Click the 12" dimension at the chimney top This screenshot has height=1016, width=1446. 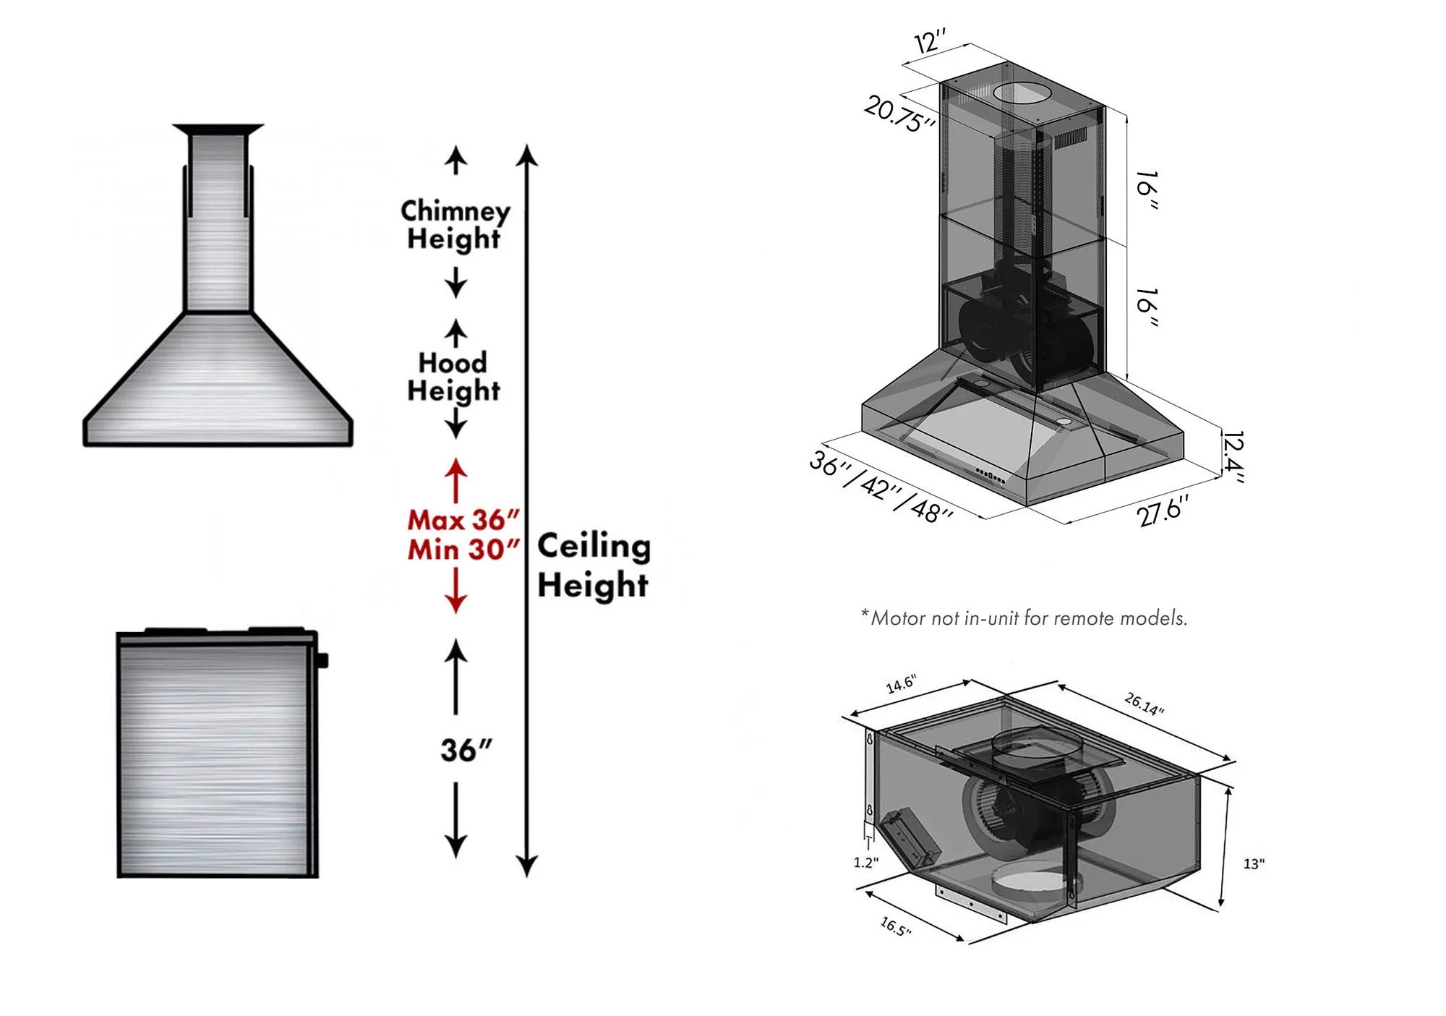point(931,41)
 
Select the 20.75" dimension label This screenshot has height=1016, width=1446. point(899,114)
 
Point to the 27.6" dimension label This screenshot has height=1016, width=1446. point(1162,511)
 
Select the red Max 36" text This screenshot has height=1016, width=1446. point(463,520)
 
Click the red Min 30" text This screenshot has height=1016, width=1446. point(463,550)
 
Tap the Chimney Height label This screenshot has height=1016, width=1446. point(455,224)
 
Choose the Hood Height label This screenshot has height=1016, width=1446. point(453,377)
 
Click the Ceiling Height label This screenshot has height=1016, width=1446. point(594,565)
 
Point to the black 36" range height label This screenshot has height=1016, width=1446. point(466,751)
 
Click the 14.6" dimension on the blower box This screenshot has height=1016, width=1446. point(901,684)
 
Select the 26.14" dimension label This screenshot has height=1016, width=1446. point(1144,704)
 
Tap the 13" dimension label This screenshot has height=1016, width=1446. point(1254,863)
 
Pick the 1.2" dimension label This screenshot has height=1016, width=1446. point(865,863)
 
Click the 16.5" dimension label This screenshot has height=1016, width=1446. point(895,926)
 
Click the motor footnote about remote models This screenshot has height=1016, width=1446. point(1024,618)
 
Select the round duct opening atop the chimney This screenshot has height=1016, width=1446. point(1022,93)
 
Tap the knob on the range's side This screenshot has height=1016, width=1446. point(322,660)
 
